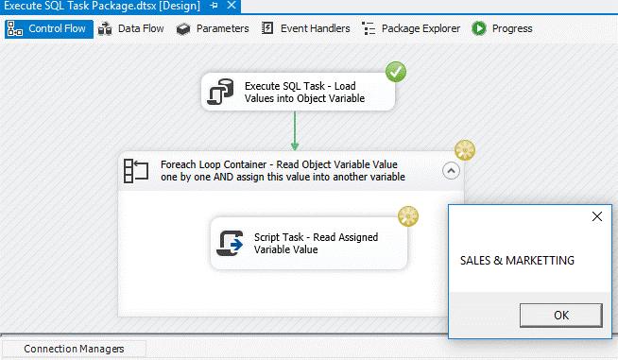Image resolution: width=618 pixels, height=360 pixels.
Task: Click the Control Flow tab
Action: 48,28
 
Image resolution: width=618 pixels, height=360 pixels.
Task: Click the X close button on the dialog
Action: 596,216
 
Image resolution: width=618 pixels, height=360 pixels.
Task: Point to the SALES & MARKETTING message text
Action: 517,261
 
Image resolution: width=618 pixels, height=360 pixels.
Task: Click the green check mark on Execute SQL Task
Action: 396,71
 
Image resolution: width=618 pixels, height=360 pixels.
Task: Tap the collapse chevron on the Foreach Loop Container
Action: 452,171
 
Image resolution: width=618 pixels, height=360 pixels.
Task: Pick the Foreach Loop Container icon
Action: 138,171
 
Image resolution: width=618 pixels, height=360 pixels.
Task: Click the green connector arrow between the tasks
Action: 295,130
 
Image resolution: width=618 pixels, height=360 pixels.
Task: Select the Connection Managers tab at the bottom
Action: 74,349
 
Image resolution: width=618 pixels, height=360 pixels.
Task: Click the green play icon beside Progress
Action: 479,28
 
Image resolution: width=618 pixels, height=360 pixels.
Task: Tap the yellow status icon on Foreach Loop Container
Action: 464,149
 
